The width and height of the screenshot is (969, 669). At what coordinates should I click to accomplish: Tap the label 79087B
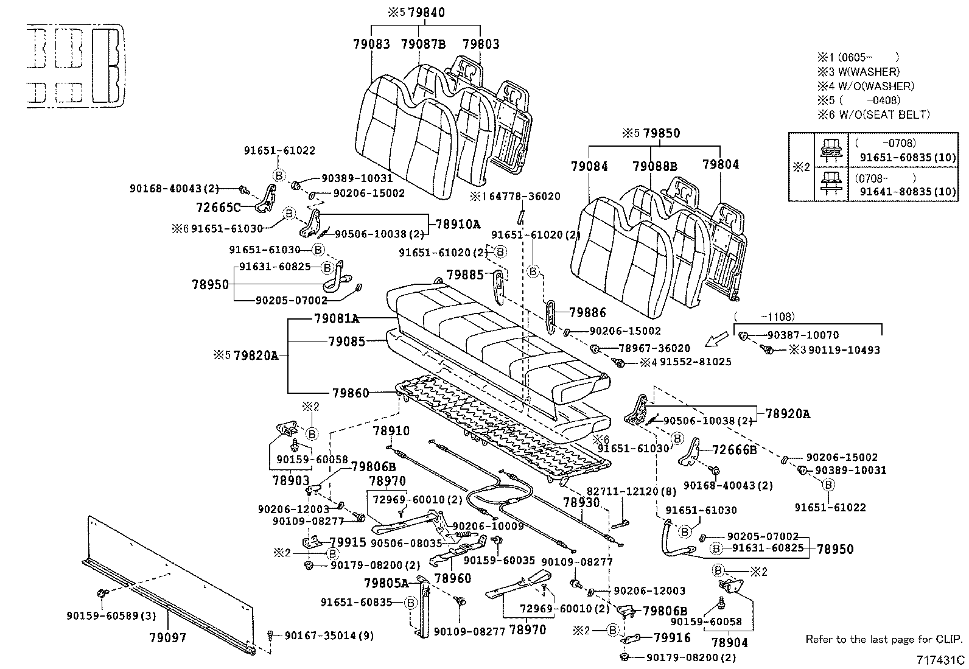tap(423, 44)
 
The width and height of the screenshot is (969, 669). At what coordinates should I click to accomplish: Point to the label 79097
tap(167, 638)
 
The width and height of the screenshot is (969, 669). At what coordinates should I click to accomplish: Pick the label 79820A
tap(256, 355)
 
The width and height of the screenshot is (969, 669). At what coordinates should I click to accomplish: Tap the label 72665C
tap(219, 207)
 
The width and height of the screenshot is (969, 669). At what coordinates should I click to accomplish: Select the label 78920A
tap(788, 414)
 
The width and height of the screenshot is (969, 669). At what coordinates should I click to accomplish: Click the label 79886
tap(587, 313)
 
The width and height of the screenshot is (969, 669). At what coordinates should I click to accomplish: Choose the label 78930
tap(581, 502)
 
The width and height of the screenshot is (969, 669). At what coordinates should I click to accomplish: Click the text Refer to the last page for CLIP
tap(884, 639)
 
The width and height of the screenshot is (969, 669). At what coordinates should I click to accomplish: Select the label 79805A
tap(386, 583)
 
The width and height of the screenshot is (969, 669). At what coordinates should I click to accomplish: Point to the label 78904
tap(729, 642)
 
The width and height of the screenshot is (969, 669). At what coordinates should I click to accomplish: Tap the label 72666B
tap(735, 450)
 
